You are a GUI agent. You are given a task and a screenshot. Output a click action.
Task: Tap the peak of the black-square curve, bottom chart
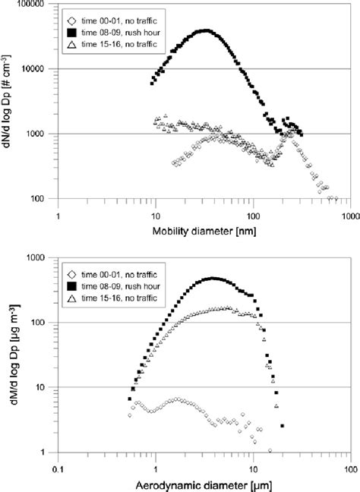tap(213, 279)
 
